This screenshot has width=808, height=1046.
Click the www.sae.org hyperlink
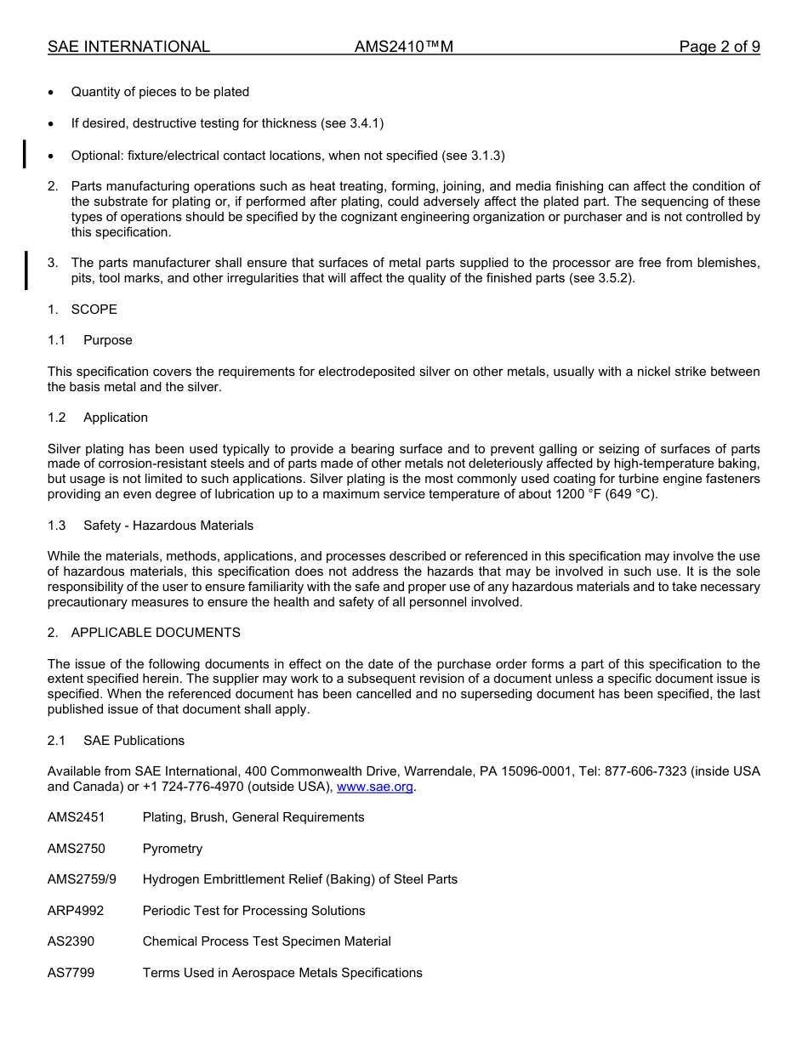[375, 787]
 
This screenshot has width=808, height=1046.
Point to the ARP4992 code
[76, 911]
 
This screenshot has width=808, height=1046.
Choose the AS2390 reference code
[71, 941]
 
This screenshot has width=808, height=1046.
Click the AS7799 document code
[71, 973]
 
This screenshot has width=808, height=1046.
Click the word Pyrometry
[173, 849]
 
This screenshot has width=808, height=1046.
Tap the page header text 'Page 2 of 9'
[720, 47]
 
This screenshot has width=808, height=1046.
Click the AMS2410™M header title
[404, 47]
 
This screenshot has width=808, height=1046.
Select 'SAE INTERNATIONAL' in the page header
[128, 47]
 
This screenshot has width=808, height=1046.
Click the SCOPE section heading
[94, 310]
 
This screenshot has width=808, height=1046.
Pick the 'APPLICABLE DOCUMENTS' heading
[156, 633]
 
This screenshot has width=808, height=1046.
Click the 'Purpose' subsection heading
[108, 340]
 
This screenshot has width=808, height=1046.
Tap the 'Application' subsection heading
[116, 418]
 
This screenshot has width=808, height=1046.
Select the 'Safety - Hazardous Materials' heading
[168, 526]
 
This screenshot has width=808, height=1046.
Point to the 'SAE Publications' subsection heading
[134, 741]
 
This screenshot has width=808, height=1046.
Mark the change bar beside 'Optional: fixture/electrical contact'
[25, 154]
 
